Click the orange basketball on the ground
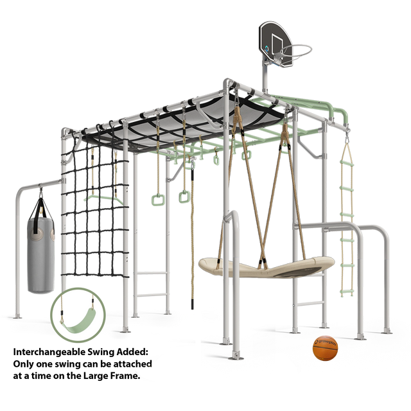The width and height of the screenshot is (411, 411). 325,348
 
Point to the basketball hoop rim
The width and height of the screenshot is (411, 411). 296,53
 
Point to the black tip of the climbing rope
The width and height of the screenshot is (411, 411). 192,304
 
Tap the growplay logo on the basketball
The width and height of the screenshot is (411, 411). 325,342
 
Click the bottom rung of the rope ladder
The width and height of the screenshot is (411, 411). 347,291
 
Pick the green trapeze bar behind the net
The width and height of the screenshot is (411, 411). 103,198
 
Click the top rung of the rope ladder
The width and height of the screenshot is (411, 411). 347,164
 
